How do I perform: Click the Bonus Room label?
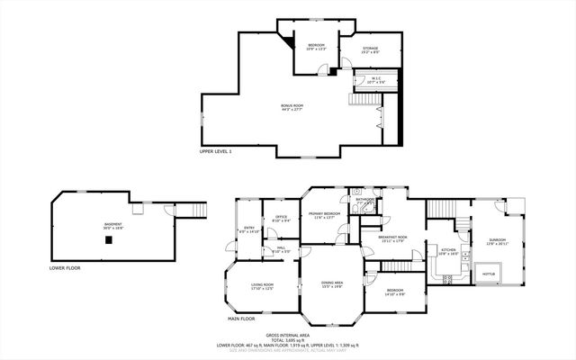click(x=292, y=107)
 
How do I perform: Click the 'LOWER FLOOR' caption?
click(x=65, y=267)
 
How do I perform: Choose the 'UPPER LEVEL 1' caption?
click(x=216, y=151)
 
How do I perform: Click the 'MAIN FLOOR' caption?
click(x=241, y=318)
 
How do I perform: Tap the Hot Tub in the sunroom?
click(x=490, y=274)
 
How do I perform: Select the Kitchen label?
click(x=447, y=251)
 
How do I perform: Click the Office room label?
click(x=281, y=218)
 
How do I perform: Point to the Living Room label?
click(x=263, y=286)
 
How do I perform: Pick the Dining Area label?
click(x=332, y=284)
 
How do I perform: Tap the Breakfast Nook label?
click(x=393, y=238)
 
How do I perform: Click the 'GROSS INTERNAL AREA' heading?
click(x=287, y=333)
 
